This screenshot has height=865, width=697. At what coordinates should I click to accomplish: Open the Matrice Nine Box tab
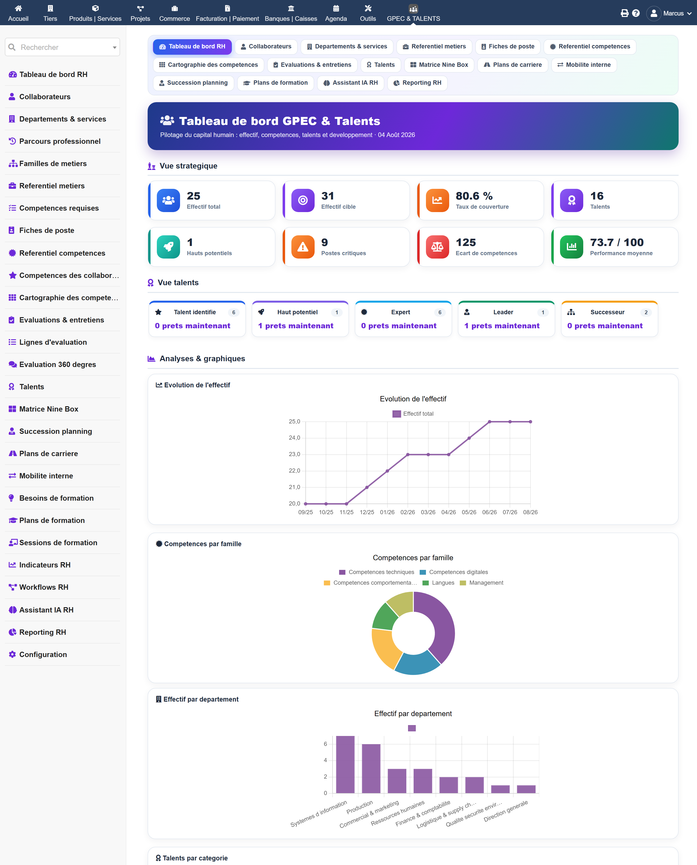coord(439,65)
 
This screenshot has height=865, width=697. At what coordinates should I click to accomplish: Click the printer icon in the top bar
coord(624,13)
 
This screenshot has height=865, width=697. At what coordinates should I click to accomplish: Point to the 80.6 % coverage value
coord(474,196)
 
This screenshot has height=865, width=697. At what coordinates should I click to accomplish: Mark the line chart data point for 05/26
coord(469,438)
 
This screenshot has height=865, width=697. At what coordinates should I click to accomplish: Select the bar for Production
coord(371,769)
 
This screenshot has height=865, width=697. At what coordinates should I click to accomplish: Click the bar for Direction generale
coord(526,789)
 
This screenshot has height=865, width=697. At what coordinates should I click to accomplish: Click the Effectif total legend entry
coord(413,414)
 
